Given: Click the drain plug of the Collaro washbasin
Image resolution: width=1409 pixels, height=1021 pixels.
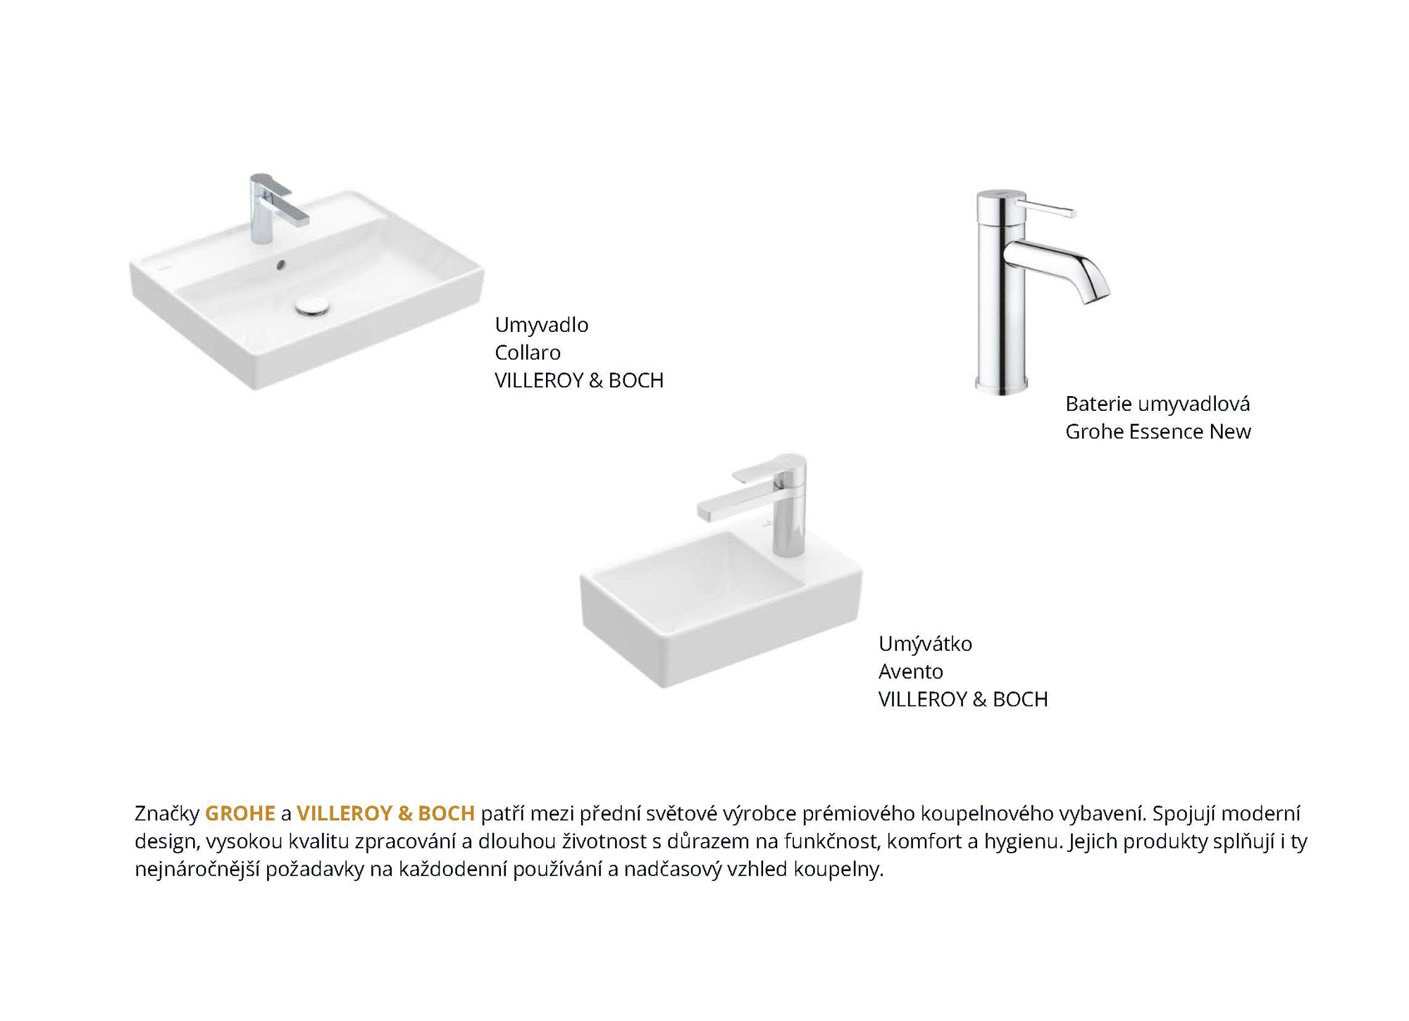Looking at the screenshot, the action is (x=313, y=305).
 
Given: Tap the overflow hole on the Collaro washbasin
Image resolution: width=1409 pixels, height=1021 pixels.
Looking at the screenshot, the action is (x=281, y=265).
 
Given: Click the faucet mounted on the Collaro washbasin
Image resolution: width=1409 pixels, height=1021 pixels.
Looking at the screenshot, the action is (x=274, y=209).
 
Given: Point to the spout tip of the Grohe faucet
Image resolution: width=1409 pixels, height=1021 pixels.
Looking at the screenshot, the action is (x=1094, y=296).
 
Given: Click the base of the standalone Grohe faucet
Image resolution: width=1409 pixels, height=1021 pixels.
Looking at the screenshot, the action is (x=1001, y=384).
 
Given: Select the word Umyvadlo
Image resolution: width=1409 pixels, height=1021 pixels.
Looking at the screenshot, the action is (x=541, y=325).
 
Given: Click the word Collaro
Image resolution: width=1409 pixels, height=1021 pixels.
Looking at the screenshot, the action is (x=528, y=352).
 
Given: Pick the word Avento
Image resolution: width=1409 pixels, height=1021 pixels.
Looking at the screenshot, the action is (x=910, y=671).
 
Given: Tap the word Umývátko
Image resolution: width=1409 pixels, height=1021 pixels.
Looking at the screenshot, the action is (x=925, y=643).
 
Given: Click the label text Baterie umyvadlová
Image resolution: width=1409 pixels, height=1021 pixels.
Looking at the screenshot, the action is (x=1157, y=404).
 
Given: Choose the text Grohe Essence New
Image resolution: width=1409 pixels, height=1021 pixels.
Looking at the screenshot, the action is (x=1158, y=431).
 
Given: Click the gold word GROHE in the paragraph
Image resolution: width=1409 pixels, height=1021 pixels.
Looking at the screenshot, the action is (x=240, y=813).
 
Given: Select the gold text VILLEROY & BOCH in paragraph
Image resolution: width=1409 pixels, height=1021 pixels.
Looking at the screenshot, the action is (x=385, y=813).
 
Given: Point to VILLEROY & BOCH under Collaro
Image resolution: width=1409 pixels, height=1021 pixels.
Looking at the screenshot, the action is (x=579, y=380).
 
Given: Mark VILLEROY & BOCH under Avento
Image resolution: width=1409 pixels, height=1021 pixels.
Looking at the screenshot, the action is (x=963, y=699).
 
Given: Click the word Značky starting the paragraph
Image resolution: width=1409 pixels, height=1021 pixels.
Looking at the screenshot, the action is (x=167, y=813).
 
